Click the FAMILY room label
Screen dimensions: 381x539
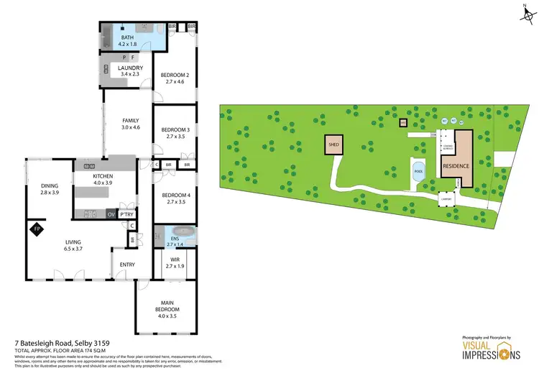coord(130,121)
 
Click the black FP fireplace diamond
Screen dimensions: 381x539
coord(35,229)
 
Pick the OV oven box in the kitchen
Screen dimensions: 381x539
coord(111,214)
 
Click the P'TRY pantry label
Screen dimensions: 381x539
coord(127,214)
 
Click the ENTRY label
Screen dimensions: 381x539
coord(127,265)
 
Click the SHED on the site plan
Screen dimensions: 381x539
coord(333,144)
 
